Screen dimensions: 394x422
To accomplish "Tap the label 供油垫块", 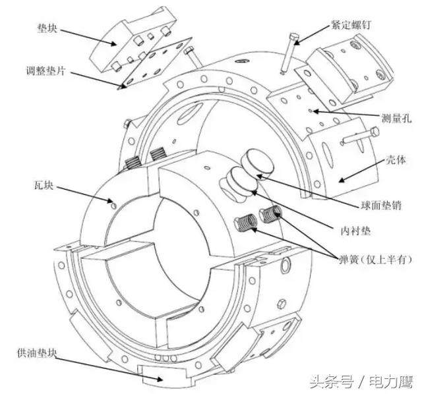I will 38,352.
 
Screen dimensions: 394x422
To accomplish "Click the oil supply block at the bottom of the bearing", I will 162,373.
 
